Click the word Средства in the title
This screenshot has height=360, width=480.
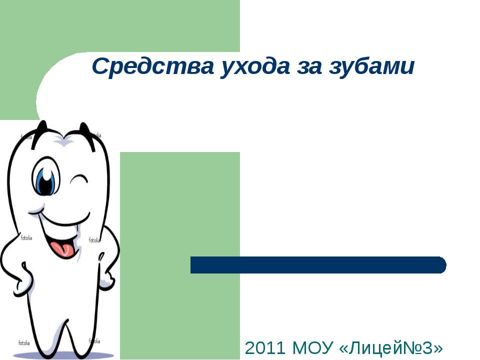click(x=153, y=66)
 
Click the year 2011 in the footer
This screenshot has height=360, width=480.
click(x=265, y=348)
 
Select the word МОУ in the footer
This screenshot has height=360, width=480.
click(x=312, y=348)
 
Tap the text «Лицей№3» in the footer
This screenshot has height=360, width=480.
click(x=391, y=348)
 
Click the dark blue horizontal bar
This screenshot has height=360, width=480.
click(x=318, y=265)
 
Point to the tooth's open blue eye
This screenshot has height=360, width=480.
click(x=45, y=176)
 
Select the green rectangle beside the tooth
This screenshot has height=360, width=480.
click(x=180, y=255)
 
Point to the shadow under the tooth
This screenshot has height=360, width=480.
click(x=64, y=356)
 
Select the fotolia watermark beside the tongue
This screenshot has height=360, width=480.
click(x=94, y=240)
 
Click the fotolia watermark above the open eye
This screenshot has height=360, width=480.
click(x=26, y=137)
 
